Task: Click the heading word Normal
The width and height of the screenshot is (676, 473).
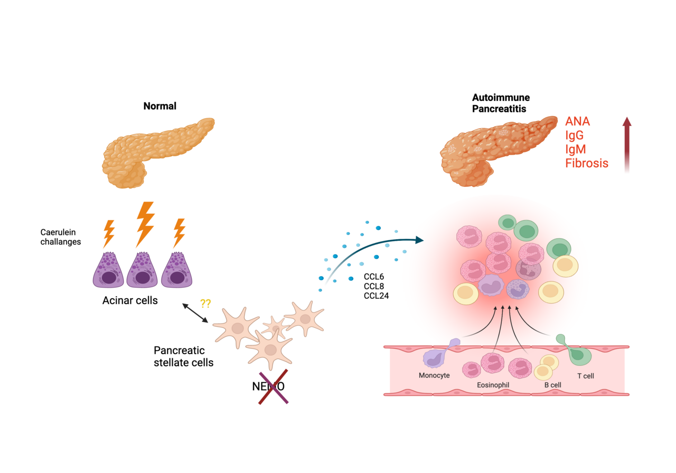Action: [159, 106]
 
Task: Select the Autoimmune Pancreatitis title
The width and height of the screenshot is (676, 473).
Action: [501, 103]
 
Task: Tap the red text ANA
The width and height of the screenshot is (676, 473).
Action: [577, 121]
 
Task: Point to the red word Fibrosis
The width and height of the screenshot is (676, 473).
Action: [586, 163]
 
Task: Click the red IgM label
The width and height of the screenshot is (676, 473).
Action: [576, 149]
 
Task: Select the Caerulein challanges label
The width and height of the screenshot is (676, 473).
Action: [61, 237]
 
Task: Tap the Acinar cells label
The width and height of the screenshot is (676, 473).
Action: [130, 300]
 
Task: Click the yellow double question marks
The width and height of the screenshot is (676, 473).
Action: [206, 304]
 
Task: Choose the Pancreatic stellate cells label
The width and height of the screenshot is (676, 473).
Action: [183, 356]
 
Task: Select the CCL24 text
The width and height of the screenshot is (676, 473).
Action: [376, 296]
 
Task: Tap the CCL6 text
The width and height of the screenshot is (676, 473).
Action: [374, 277]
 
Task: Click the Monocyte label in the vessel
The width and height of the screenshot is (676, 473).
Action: [434, 376]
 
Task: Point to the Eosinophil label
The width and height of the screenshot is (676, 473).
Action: [492, 385]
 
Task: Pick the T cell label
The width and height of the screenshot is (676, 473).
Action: [585, 376]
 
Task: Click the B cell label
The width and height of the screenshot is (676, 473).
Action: [552, 385]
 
